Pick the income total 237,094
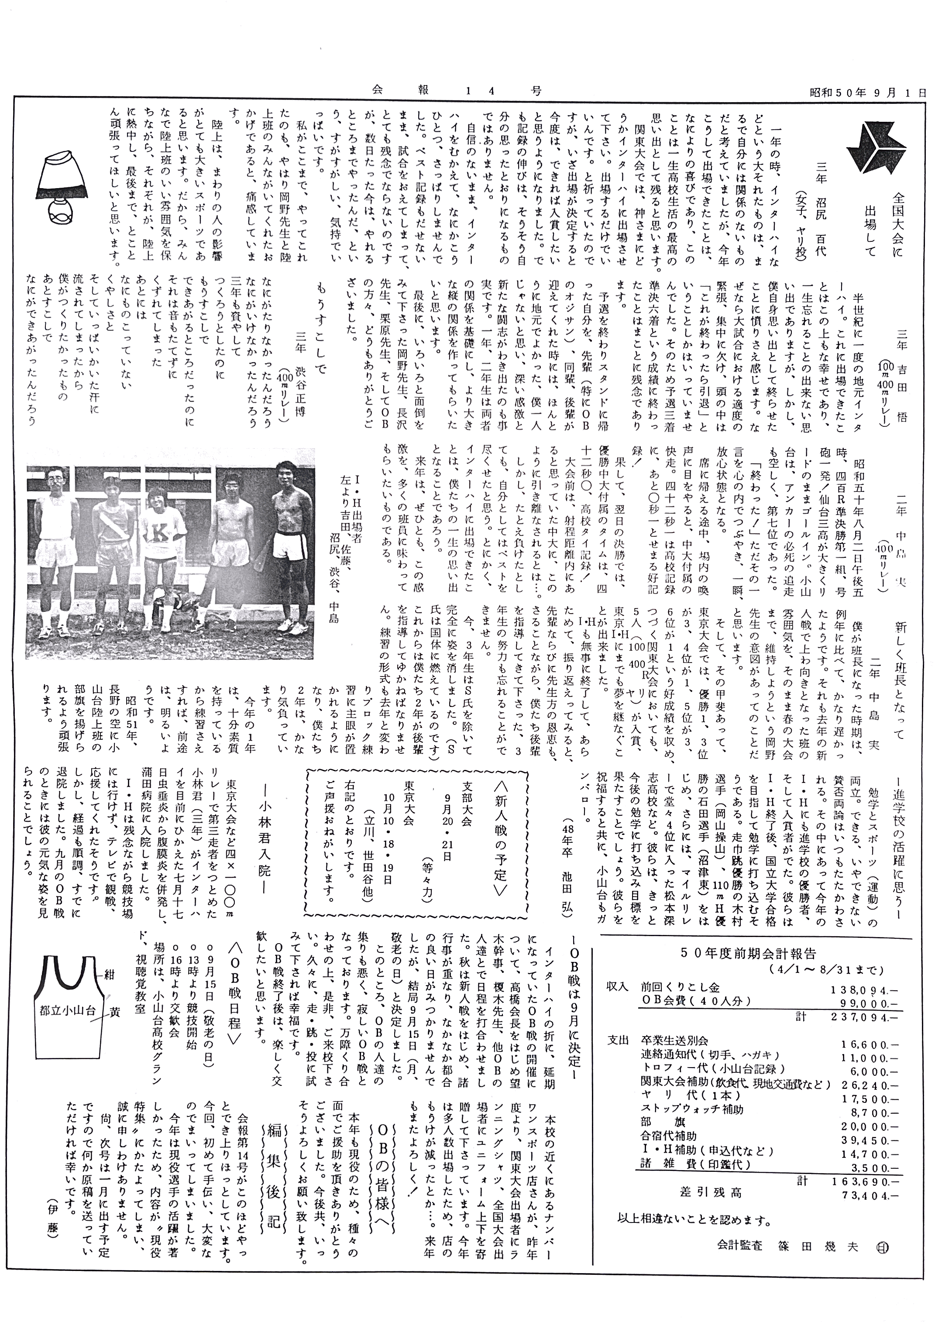coord(864,1017)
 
